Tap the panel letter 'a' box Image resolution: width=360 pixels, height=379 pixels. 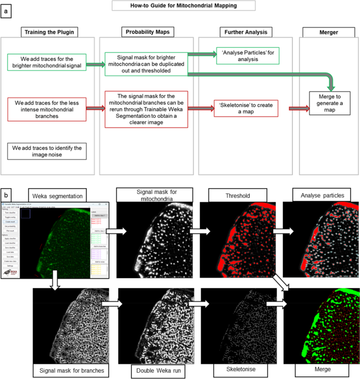(6, 12)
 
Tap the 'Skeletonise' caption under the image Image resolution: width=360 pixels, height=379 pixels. (234, 370)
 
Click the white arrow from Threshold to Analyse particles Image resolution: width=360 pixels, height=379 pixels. (272, 231)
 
